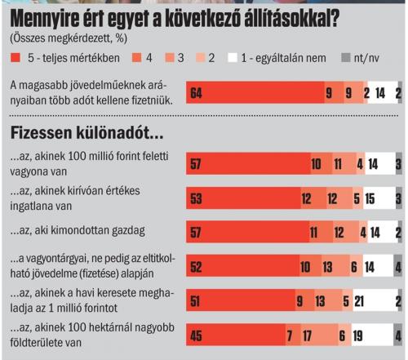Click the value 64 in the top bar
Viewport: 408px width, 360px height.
196,93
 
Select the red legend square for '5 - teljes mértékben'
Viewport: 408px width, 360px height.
16,58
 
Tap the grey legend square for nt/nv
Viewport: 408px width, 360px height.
346,58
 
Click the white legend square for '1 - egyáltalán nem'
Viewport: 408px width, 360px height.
233,58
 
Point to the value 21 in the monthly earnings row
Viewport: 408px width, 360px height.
359,301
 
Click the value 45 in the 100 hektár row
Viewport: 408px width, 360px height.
196,336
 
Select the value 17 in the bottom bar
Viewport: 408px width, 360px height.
308,336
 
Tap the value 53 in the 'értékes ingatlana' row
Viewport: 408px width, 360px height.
196,198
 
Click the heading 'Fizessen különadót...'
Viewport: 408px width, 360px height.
86,133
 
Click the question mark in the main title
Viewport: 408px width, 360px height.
334,19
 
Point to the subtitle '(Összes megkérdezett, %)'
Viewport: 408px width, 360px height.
69,38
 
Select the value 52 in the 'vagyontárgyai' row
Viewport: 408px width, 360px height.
196,267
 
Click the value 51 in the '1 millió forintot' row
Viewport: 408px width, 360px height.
195,301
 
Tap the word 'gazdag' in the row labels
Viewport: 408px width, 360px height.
128,231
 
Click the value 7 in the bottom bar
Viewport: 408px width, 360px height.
290,336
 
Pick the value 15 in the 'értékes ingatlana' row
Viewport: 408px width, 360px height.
370,198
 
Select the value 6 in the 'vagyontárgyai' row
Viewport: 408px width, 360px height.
354,267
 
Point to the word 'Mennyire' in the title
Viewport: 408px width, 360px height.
44,19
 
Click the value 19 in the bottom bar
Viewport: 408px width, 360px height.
358,336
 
